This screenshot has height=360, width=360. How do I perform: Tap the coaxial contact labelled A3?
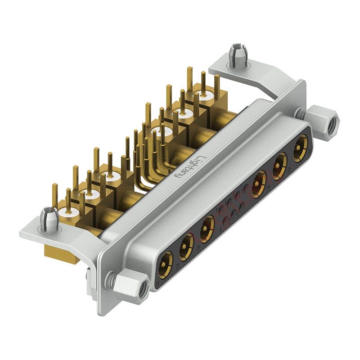click(207, 225)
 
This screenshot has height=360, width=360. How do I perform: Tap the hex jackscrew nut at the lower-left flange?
click(132, 288)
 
